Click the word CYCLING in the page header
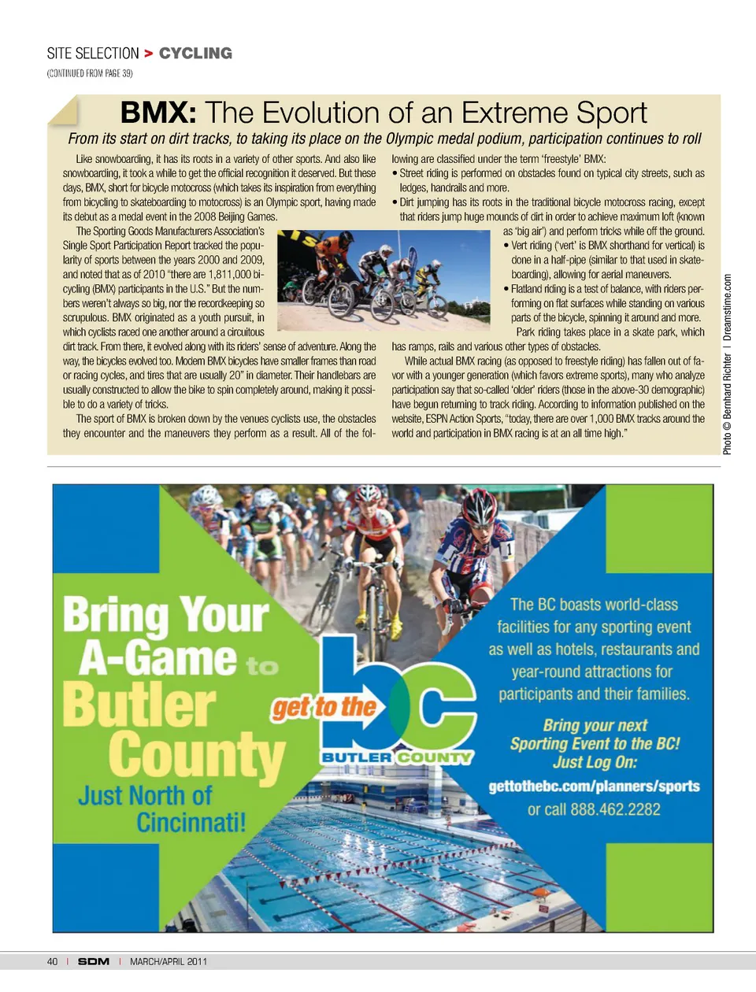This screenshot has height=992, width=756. pyautogui.click(x=195, y=54)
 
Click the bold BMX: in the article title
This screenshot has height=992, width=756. pyautogui.click(x=157, y=113)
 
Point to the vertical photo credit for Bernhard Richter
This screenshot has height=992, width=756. pyautogui.click(x=727, y=364)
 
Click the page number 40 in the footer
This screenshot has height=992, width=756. pyautogui.click(x=52, y=961)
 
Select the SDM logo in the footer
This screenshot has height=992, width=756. pyautogui.click(x=94, y=961)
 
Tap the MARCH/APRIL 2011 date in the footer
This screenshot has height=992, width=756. pyautogui.click(x=169, y=961)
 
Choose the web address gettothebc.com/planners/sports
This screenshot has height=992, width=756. pyautogui.click(x=594, y=787)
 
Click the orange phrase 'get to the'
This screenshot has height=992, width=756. pyautogui.click(x=324, y=707)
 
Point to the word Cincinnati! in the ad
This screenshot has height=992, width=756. pyautogui.click(x=191, y=823)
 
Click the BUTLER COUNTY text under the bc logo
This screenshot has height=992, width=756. pyautogui.click(x=397, y=757)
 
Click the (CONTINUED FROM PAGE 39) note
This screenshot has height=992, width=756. pyautogui.click(x=90, y=73)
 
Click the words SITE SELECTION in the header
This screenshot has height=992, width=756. pyautogui.click(x=93, y=54)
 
